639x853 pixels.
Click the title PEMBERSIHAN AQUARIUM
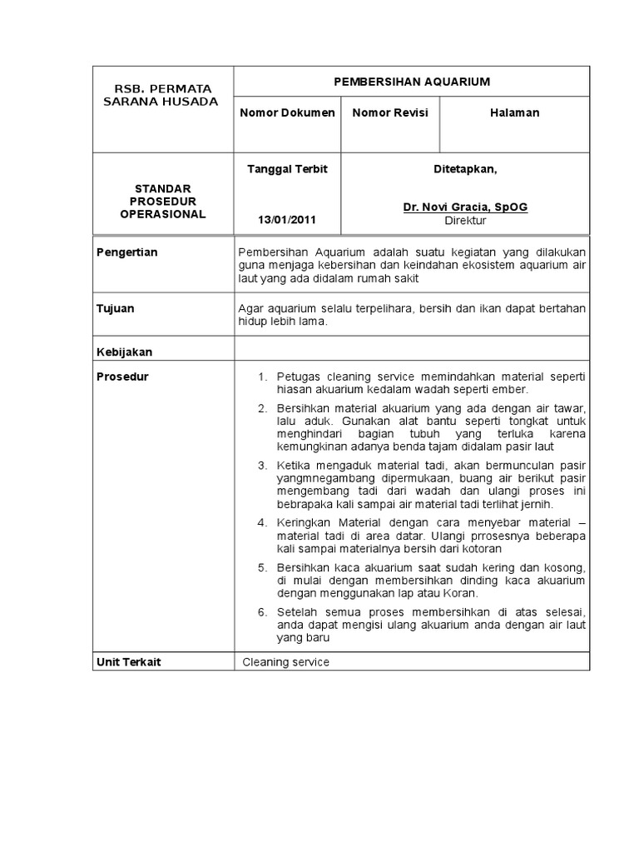(x=411, y=82)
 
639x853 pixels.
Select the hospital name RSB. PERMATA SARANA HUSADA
(x=163, y=95)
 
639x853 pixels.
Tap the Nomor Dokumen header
(x=287, y=112)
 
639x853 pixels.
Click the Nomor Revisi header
(x=390, y=112)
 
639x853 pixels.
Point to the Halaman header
(x=514, y=112)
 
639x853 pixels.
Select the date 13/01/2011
(x=287, y=221)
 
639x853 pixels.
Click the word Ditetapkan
(x=465, y=169)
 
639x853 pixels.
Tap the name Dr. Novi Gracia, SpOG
(x=465, y=207)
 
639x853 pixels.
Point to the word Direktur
(x=465, y=221)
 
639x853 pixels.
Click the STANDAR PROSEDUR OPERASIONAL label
(x=163, y=201)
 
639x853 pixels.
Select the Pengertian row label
(x=127, y=252)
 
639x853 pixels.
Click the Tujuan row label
(x=116, y=308)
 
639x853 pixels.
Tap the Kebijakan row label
(x=124, y=352)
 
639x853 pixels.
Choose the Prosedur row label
(x=122, y=377)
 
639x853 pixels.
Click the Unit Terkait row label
(x=129, y=661)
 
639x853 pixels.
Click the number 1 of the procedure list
(x=261, y=377)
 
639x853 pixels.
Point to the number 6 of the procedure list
(x=261, y=612)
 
